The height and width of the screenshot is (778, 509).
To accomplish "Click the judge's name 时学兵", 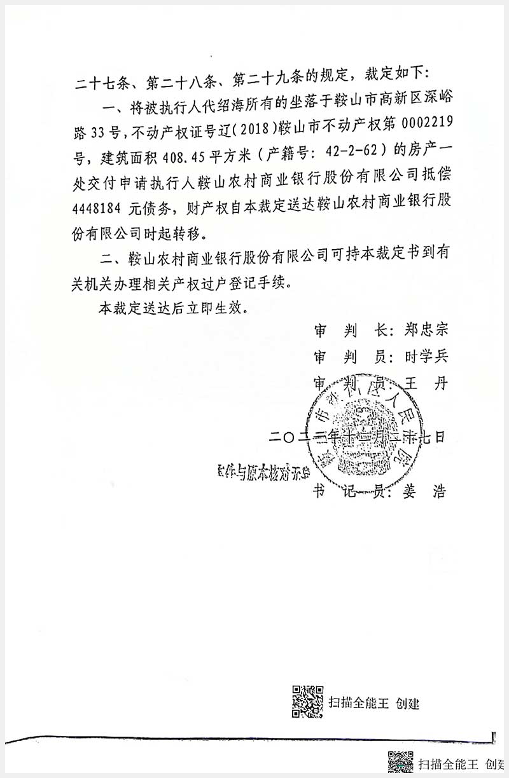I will pos(426,357).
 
